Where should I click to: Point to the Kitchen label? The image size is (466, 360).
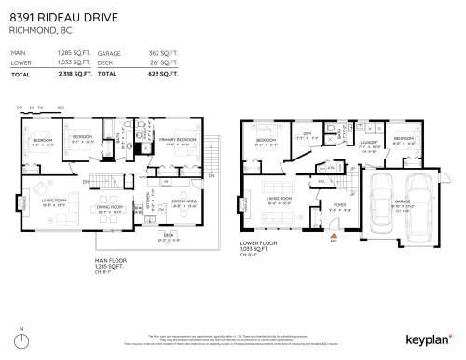[x=147, y=200]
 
